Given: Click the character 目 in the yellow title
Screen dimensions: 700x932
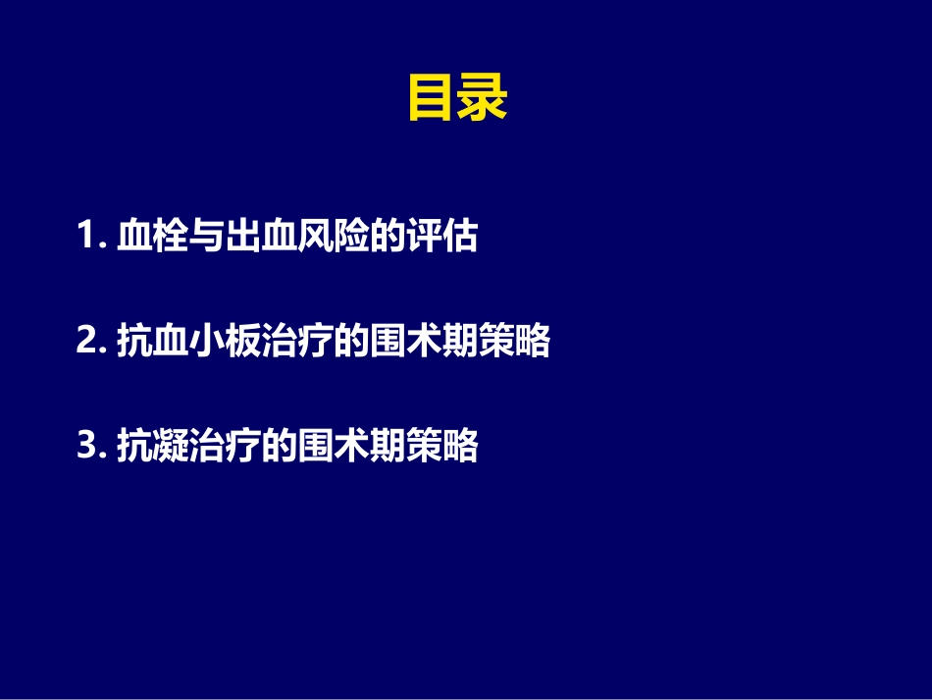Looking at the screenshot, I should point(432,100).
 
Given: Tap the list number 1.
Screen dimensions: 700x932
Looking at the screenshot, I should point(84,238).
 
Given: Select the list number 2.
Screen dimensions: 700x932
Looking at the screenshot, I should point(85,343).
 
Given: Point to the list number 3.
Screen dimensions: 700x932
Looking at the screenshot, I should point(85,448).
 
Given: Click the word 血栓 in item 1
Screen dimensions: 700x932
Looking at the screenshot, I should point(152,238).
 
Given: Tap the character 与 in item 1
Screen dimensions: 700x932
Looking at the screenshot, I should point(206,238).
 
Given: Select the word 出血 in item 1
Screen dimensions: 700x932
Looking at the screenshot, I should point(260,238).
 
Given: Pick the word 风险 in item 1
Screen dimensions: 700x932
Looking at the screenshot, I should point(333,238).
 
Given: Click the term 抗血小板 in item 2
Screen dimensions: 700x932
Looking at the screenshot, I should point(188,343).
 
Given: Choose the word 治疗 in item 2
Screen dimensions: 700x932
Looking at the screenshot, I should point(296,343).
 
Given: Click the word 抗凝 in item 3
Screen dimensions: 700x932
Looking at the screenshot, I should point(152,448).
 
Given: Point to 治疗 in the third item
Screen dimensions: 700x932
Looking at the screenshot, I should point(224,448).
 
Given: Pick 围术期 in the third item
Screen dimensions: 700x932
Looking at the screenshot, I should point(351,448).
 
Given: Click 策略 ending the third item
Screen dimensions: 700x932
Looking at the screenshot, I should point(441,448).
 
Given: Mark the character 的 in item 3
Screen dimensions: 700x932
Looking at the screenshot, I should point(279,448).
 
